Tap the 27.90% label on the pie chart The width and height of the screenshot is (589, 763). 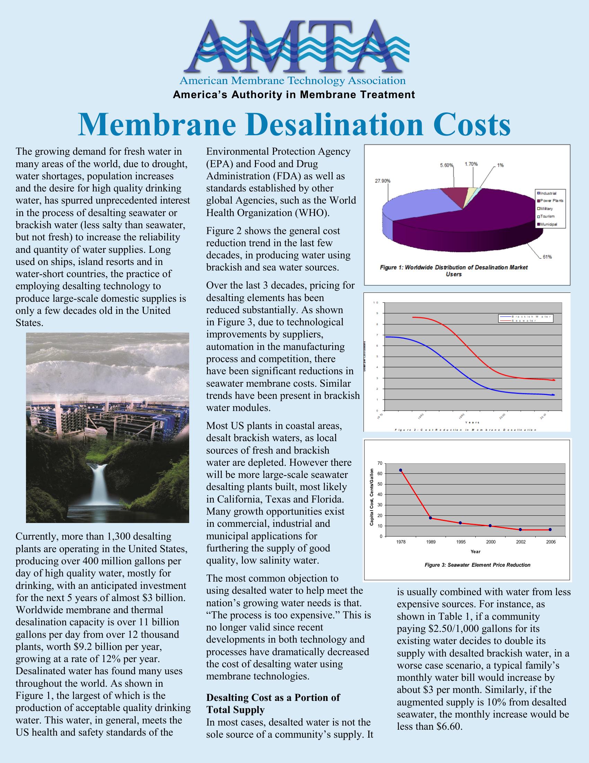[x=383, y=181]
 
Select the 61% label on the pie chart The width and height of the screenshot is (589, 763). [x=547, y=257]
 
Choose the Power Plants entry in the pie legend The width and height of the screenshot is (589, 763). [x=552, y=200]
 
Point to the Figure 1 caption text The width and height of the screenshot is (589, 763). [x=454, y=271]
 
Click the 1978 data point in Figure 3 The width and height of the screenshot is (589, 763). [x=401, y=470]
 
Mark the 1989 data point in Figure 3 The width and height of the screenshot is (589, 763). [x=430, y=518]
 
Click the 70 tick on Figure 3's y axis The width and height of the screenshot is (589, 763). [x=380, y=463]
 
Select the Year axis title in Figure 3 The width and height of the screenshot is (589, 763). [x=475, y=552]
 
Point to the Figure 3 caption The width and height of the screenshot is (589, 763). [x=477, y=565]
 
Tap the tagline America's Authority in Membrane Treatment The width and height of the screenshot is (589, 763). [x=294, y=95]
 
